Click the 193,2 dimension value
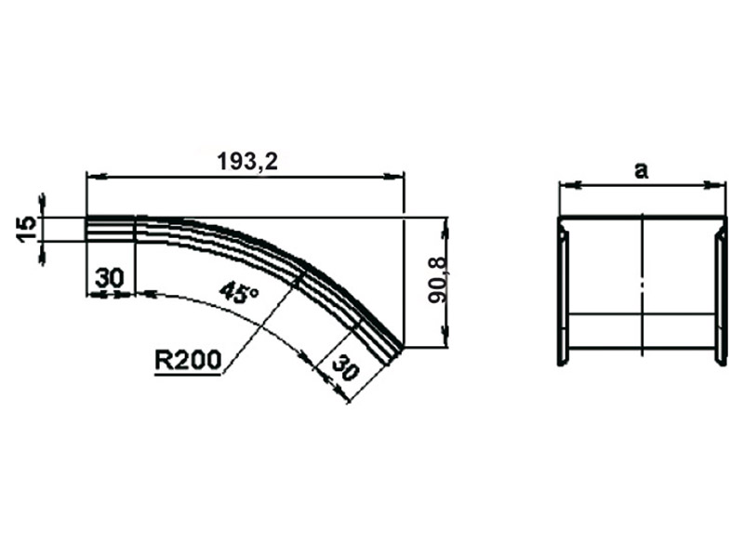click(x=247, y=161)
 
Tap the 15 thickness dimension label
click(x=27, y=229)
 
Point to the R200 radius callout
click(x=189, y=360)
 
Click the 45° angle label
click(x=240, y=292)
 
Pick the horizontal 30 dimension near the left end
click(x=109, y=277)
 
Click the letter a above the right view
click(x=641, y=170)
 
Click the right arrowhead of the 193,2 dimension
click(x=393, y=177)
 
